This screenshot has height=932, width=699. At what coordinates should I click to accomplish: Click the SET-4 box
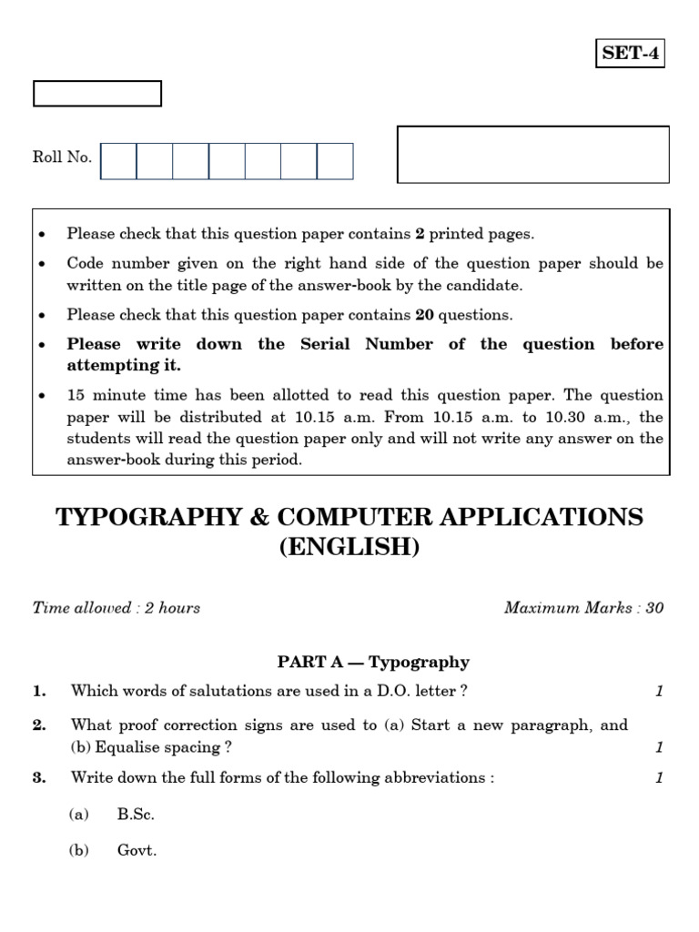pyautogui.click(x=631, y=54)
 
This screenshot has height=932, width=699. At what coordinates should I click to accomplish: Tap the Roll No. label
pyautogui.click(x=62, y=157)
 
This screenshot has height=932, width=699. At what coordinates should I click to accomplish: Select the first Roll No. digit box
pyautogui.click(x=118, y=161)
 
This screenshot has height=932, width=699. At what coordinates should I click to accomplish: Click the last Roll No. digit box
pyautogui.click(x=335, y=161)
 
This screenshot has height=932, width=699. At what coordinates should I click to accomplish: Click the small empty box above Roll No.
pyautogui.click(x=97, y=94)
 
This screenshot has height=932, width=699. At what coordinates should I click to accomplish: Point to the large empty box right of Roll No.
pyautogui.click(x=533, y=155)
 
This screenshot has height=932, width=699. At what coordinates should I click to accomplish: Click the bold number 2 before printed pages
pyautogui.click(x=420, y=234)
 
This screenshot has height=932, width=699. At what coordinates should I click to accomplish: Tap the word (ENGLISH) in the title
pyautogui.click(x=349, y=549)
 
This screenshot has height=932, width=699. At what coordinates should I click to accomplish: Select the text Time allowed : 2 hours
pyautogui.click(x=116, y=608)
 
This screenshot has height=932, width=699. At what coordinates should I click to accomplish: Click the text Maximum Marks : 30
pyautogui.click(x=583, y=608)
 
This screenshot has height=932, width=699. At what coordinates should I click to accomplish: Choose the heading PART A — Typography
pyautogui.click(x=373, y=663)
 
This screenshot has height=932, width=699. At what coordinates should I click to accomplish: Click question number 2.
pyautogui.click(x=39, y=725)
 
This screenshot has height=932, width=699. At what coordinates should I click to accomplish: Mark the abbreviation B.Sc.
pyautogui.click(x=136, y=815)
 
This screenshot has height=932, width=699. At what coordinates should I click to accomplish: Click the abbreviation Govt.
pyautogui.click(x=137, y=853)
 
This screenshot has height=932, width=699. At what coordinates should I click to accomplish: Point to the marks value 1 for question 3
pyautogui.click(x=659, y=777)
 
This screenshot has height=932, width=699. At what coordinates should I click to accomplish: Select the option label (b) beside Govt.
pyautogui.click(x=78, y=853)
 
